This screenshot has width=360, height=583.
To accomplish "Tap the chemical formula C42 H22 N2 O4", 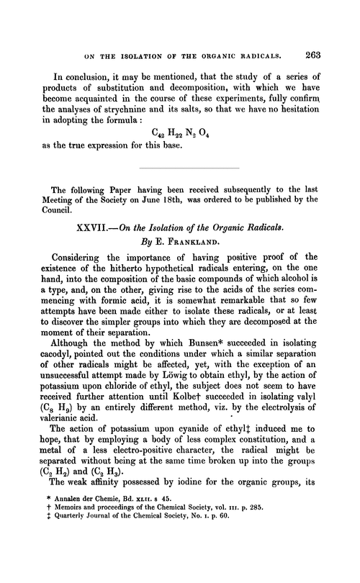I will tap(189, 131).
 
